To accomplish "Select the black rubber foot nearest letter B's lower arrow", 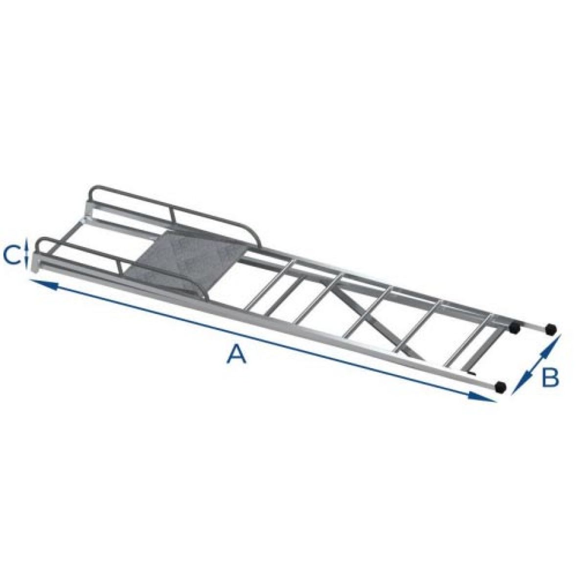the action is [500, 387].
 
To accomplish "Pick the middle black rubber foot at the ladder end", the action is [515, 327].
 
